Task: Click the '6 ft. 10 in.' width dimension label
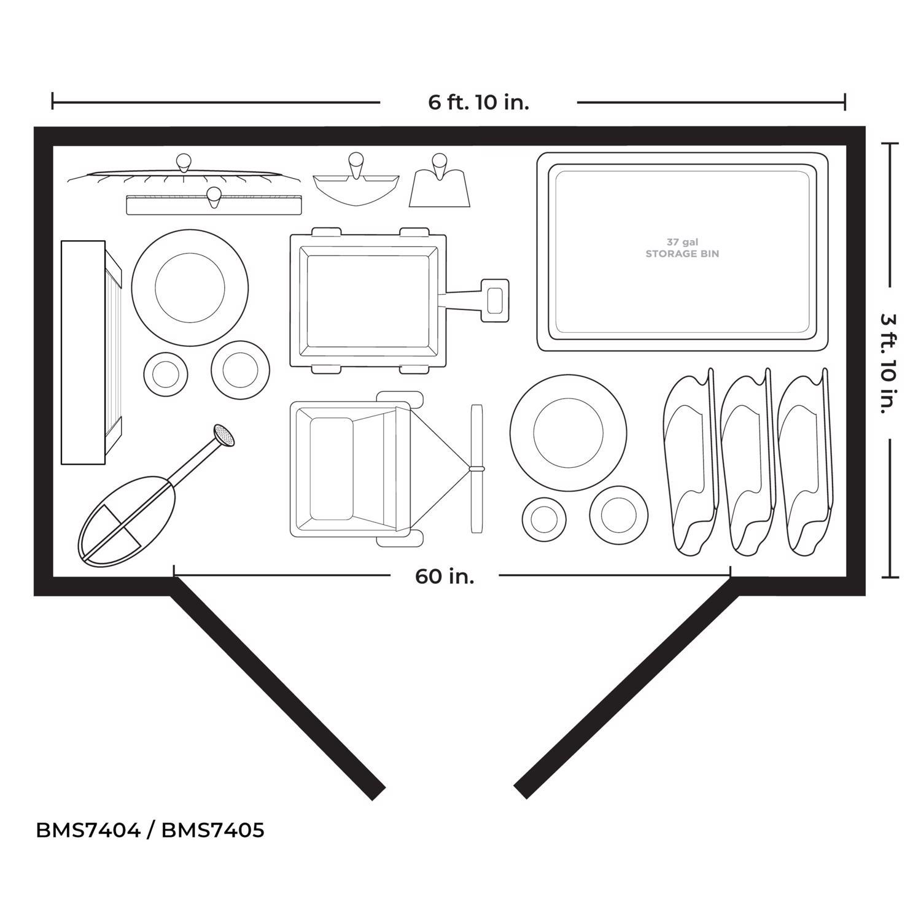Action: [478, 102]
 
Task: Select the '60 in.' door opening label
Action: [445, 577]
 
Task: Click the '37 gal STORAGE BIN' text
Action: [682, 248]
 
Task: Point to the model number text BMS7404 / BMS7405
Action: [150, 830]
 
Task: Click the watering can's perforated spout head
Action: [224, 435]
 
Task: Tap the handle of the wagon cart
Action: [495, 300]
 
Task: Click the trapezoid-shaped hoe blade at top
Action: [440, 188]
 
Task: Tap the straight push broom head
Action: [215, 204]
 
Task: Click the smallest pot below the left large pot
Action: [165, 374]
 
